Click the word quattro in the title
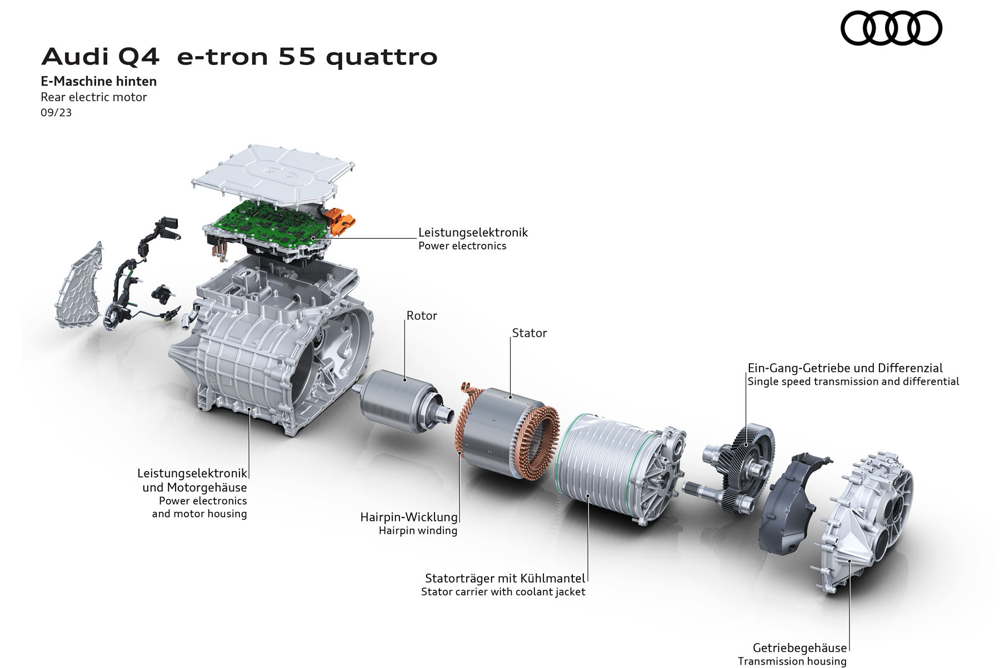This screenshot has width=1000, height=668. pyautogui.click(x=382, y=57)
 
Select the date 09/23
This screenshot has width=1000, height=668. pyautogui.click(x=56, y=113)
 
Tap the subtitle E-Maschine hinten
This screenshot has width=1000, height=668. pyautogui.click(x=99, y=82)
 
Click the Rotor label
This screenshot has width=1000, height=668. pyautogui.click(x=422, y=316)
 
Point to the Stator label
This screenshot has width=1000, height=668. pyautogui.click(x=529, y=333)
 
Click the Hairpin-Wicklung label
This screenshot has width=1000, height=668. pyautogui.click(x=409, y=518)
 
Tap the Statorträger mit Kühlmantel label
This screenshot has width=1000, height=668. pyautogui.click(x=505, y=579)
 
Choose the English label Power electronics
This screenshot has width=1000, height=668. pyautogui.click(x=462, y=246)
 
